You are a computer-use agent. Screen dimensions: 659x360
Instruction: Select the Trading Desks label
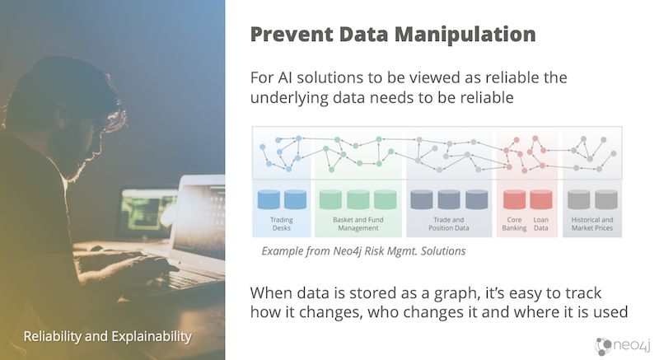click(x=282, y=224)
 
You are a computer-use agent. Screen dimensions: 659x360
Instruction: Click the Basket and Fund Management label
click(x=358, y=224)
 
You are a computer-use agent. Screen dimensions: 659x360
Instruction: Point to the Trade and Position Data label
click(x=448, y=224)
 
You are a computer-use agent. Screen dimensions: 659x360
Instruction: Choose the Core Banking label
click(x=514, y=224)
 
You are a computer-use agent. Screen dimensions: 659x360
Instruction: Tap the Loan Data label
click(x=541, y=224)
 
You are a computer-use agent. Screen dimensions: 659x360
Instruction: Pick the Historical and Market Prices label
click(x=592, y=224)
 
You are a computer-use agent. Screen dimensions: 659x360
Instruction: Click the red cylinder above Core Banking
click(x=514, y=199)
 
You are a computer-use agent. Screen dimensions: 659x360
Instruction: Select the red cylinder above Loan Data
click(x=541, y=199)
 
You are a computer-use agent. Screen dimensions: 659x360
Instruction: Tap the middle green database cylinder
click(x=358, y=199)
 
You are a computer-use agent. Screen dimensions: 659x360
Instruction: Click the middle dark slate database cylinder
click(x=449, y=199)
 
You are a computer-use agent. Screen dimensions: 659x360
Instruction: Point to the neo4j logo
click(x=623, y=346)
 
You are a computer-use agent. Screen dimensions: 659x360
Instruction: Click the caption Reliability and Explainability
click(x=108, y=336)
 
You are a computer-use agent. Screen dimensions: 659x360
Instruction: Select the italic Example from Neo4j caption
click(x=363, y=251)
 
